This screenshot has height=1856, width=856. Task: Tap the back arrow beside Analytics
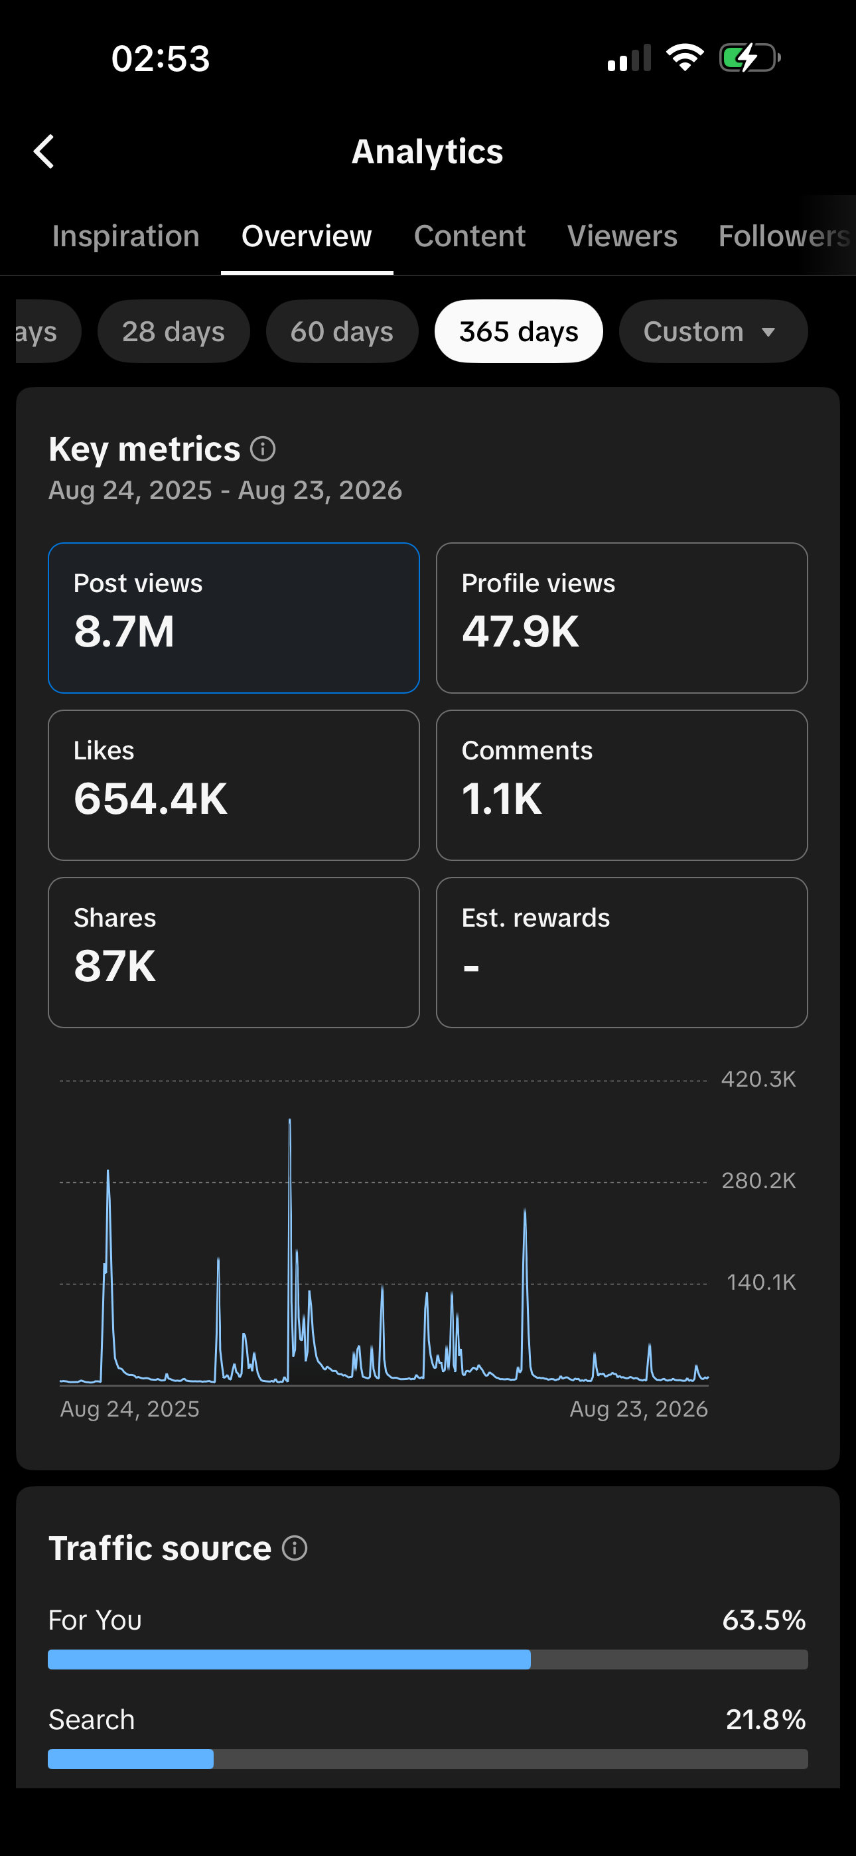(44, 151)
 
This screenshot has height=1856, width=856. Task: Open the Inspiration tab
(125, 236)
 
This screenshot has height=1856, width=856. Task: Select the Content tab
(470, 236)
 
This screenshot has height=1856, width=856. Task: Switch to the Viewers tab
(622, 236)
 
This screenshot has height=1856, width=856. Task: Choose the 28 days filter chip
(174, 331)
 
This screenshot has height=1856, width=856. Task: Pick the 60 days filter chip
(342, 331)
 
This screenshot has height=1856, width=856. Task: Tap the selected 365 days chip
(519, 331)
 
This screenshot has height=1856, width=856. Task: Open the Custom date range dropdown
(713, 331)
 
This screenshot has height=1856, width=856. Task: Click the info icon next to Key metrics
(263, 449)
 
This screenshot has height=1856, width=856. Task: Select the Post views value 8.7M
(124, 632)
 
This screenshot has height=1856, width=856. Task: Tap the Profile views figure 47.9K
(520, 632)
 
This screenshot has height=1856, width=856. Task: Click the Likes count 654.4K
(151, 799)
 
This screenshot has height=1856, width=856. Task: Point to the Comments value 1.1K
(502, 799)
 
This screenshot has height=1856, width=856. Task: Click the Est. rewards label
(535, 918)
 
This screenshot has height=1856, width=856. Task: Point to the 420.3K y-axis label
(758, 1079)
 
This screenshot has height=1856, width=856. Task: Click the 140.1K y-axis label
(761, 1282)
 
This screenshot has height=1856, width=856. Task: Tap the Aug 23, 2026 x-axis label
(638, 1409)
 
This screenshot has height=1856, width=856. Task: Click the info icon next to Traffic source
(295, 1547)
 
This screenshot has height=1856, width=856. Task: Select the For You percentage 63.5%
(764, 1620)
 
